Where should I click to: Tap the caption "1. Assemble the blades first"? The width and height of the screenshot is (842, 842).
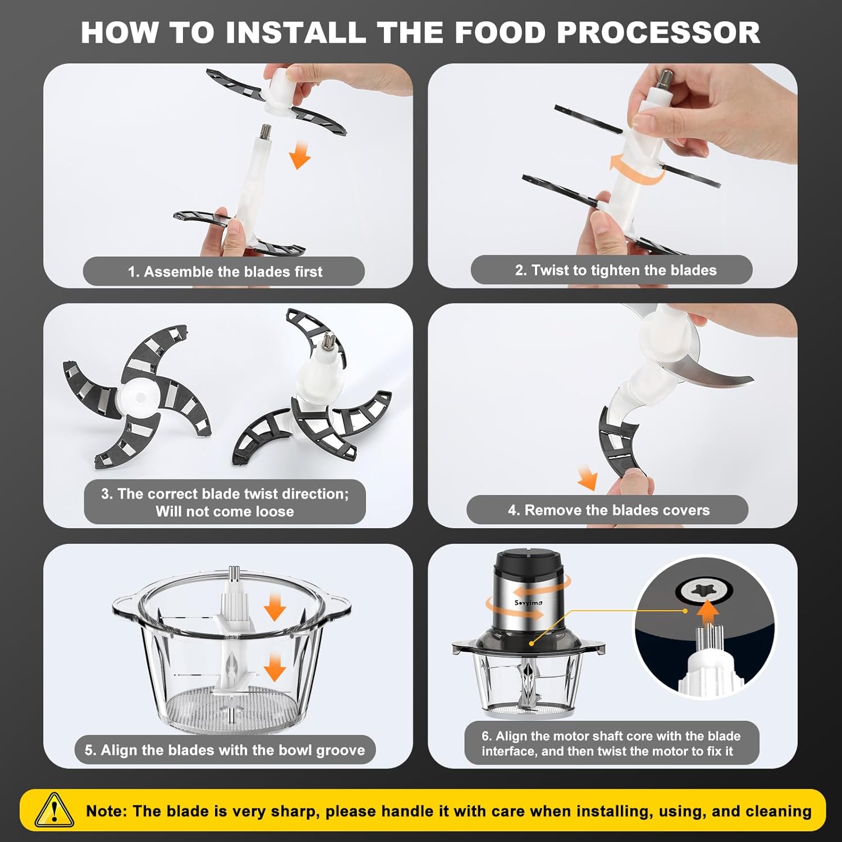click(x=225, y=272)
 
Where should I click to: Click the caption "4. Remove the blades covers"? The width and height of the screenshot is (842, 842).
click(x=608, y=510)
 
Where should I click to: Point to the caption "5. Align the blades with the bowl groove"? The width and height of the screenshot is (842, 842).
click(x=225, y=750)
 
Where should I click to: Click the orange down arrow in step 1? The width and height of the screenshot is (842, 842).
click(x=300, y=155)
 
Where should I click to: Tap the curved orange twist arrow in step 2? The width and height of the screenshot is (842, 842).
click(x=634, y=168)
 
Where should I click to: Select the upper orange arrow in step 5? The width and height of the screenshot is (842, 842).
click(x=274, y=606)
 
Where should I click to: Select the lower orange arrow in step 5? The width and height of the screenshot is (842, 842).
click(x=274, y=668)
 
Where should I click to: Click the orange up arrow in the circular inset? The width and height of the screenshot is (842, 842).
click(x=709, y=612)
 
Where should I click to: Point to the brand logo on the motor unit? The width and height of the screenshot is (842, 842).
click(x=528, y=603)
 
